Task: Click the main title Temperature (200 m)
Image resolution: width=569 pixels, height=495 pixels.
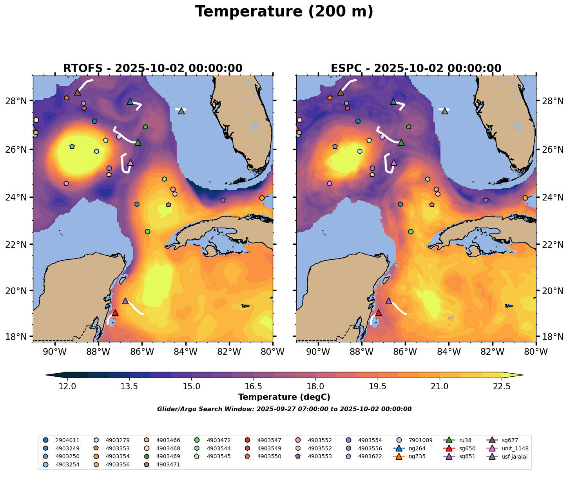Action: click(284, 12)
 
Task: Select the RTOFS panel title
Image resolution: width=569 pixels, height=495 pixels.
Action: click(153, 69)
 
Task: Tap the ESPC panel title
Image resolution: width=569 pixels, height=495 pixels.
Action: click(416, 69)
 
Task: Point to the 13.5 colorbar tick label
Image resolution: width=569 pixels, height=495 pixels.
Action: click(129, 387)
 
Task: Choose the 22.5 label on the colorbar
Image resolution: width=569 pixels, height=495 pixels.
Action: click(502, 387)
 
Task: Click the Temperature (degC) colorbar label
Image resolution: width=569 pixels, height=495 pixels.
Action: click(284, 397)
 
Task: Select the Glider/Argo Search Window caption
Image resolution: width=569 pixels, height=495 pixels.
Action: click(284, 409)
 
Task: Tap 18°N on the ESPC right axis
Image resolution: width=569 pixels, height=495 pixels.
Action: click(553, 337)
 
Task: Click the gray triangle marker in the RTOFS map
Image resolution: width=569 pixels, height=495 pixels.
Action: click(181, 111)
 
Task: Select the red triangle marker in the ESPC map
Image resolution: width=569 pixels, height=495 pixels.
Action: click(378, 313)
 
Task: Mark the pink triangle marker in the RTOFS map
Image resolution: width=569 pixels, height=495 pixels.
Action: click(130, 163)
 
